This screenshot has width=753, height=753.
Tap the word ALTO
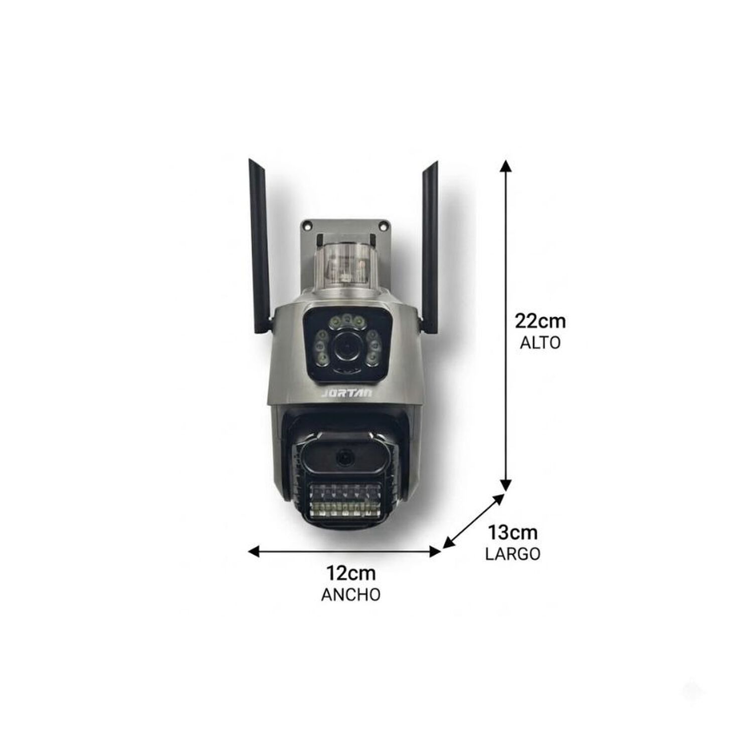[540, 343]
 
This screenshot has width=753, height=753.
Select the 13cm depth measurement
[513, 532]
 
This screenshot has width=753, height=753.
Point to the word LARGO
[513, 554]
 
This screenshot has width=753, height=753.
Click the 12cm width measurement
[351, 573]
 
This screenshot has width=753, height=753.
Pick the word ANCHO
[351, 595]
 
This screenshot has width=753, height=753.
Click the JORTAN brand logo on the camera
[347, 393]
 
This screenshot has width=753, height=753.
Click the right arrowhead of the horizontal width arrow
[435, 552]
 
